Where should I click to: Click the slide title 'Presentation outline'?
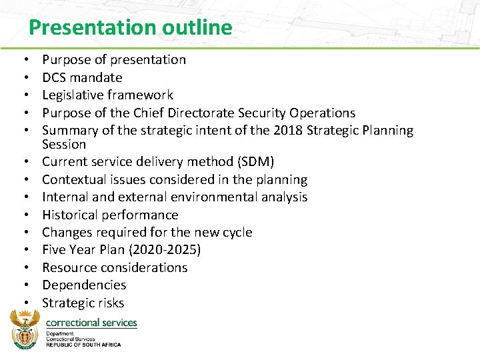pos(131,27)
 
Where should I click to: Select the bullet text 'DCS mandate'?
pos(82,77)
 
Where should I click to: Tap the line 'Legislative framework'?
pos(107,95)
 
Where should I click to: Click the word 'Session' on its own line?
pos(64,145)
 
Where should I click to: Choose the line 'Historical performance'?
pos(110,215)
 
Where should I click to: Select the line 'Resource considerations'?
pos(115,267)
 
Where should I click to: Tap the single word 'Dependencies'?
pos(84,285)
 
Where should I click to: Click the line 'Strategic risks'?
pos(83,303)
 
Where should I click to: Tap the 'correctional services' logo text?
pos(91,322)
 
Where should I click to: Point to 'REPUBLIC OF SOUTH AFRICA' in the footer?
pos(83,344)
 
